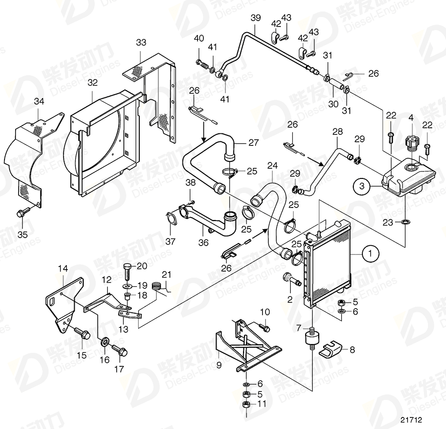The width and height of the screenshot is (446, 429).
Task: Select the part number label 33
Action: pyautogui.click(x=141, y=43)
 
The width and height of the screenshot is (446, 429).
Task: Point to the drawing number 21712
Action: pyautogui.click(x=411, y=419)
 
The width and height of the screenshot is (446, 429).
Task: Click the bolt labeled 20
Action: pyautogui.click(x=127, y=272)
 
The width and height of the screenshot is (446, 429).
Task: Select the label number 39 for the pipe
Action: pyautogui.click(x=256, y=19)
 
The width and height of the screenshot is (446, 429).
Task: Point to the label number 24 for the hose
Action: pyautogui.click(x=272, y=165)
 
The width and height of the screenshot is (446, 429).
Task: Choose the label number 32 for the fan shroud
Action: pyautogui.click(x=93, y=82)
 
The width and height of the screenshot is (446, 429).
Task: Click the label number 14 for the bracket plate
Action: pyautogui.click(x=62, y=269)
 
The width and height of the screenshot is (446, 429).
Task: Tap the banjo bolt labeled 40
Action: pyautogui.click(x=203, y=64)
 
